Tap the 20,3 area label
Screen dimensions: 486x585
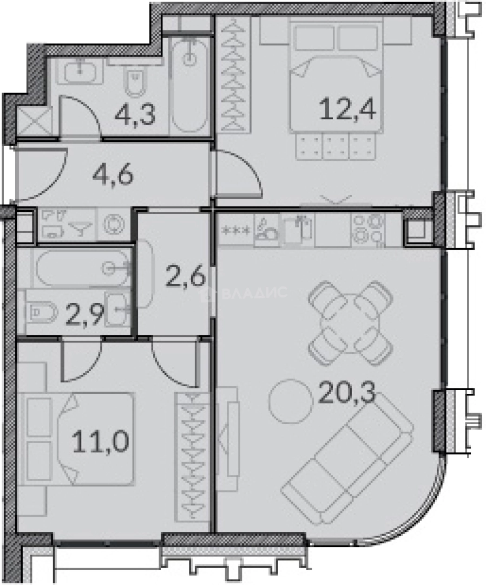point(346,395)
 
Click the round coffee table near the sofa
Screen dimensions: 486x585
point(290,401)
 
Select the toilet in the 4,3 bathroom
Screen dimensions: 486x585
point(134,83)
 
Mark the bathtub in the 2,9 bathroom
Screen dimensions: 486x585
point(83,268)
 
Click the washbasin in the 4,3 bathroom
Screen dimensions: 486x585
point(80,69)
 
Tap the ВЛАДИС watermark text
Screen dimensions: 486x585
point(254,292)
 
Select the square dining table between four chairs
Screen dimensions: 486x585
point(350,322)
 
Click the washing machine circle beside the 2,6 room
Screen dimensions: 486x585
point(112,224)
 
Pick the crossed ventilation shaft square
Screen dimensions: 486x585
point(34,121)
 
